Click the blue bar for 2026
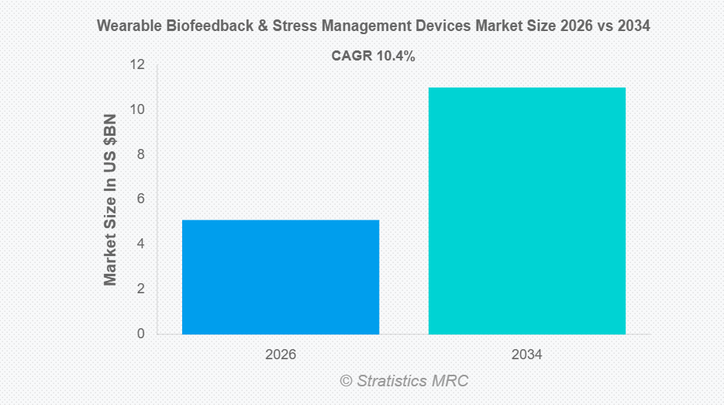tap(281, 277)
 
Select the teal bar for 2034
tap(527, 210)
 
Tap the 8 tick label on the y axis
tap(140, 154)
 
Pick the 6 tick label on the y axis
tap(140, 199)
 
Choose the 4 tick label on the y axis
tap(140, 244)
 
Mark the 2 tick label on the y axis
tap(140, 289)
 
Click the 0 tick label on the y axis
tap(140, 334)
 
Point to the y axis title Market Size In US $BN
tap(111, 199)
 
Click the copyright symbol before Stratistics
tap(346, 381)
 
